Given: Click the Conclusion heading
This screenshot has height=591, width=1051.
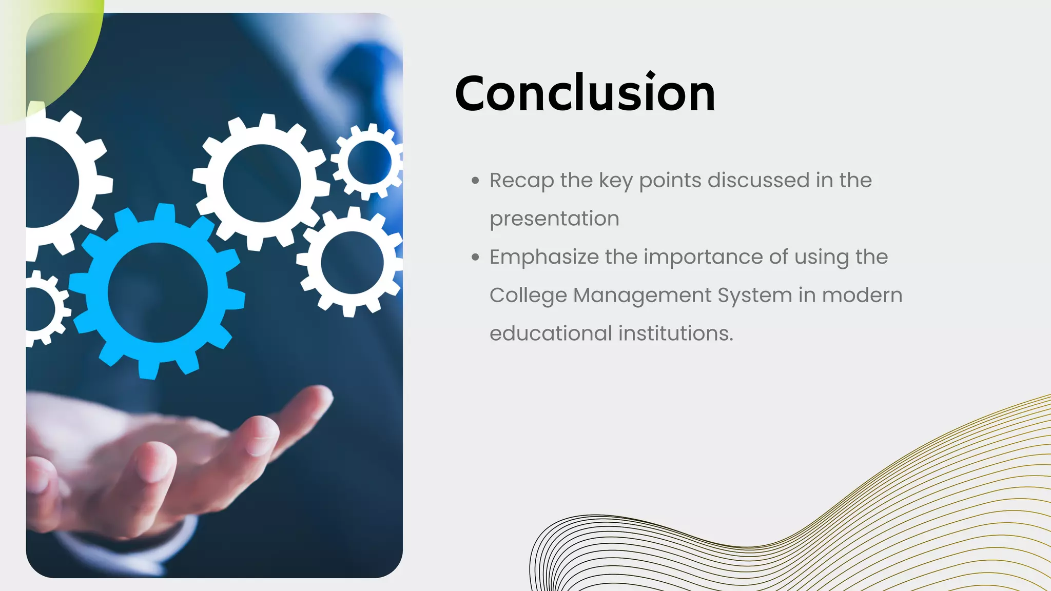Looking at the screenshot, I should (585, 93).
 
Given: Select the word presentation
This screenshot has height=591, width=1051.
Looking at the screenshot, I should (554, 219).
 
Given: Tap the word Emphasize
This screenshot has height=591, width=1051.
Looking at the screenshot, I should (543, 258).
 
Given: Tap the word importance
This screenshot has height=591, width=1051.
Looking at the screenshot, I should (703, 258).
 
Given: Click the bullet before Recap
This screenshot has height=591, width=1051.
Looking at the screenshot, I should (475, 181).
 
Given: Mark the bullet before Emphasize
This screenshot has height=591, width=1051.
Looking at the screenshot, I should (475, 257).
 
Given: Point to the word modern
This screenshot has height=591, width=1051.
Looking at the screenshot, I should (862, 296).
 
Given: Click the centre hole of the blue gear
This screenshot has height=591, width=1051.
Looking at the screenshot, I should (158, 292).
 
